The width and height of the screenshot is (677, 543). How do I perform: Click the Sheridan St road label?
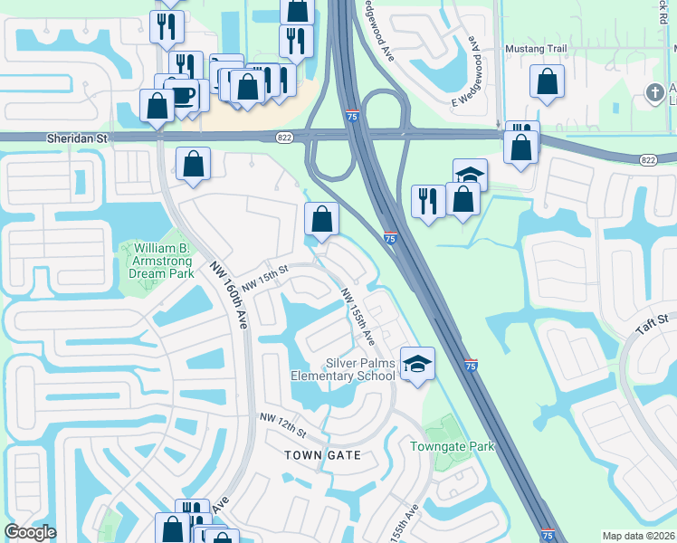pyautogui.click(x=78, y=138)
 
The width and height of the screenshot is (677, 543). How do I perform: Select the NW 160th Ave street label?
pyautogui.click(x=231, y=294)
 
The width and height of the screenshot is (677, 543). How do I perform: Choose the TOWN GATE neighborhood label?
pyautogui.click(x=322, y=455)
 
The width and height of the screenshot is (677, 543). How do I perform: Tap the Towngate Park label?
pyautogui.click(x=452, y=446)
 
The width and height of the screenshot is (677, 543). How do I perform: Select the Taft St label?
pyautogui.click(x=651, y=323)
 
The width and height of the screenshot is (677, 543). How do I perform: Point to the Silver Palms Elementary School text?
pyautogui.click(x=343, y=368)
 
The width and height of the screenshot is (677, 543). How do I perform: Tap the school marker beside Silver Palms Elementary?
pyautogui.click(x=415, y=364)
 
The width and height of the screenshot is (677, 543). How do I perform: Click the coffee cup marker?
pyautogui.click(x=185, y=94)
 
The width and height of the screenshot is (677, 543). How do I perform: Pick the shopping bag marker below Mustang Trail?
pyautogui.click(x=548, y=82)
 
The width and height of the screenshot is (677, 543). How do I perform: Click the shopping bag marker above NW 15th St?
pyautogui.click(x=322, y=218)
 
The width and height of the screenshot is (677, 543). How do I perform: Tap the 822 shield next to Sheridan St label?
pyautogui.click(x=283, y=136)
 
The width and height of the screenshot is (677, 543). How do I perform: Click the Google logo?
pyautogui.click(x=30, y=533)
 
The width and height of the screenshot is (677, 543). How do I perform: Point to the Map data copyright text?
pyautogui.click(x=639, y=536)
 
